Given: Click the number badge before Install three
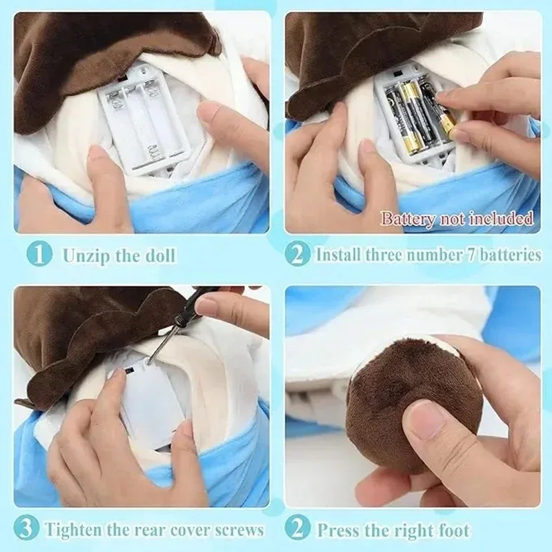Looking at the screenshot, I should pos(297,255).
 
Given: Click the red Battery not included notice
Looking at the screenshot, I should pos(457,219).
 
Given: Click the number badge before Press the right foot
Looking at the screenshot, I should pos(297,529).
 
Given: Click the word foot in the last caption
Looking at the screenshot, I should pos(453,530).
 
